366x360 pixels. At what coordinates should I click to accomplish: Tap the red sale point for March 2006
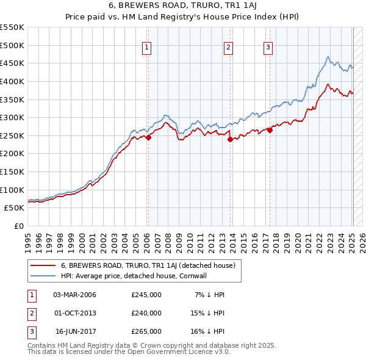[148, 137]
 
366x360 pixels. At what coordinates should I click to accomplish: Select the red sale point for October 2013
[230, 139]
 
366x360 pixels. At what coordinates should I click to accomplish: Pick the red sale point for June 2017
[270, 130]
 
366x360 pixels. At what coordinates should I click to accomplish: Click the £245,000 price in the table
[146, 295]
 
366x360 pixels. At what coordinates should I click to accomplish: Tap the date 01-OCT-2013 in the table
[75, 313]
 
